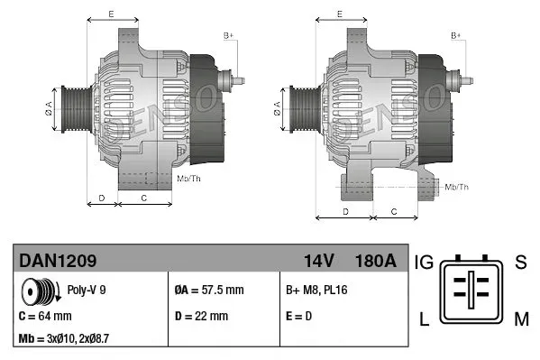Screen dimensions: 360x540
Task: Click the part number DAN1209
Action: (x=58, y=261)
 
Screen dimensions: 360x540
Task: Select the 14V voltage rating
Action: (x=318, y=261)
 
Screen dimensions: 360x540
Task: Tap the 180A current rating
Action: (x=376, y=261)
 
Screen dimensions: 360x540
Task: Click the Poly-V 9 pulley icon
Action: (x=41, y=292)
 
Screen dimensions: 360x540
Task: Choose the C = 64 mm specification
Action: (x=46, y=316)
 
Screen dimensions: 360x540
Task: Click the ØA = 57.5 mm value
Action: (x=208, y=291)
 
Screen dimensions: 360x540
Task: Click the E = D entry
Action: (x=299, y=316)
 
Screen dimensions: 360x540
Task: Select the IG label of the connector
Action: (x=424, y=263)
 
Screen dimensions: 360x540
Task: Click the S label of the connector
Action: (x=520, y=263)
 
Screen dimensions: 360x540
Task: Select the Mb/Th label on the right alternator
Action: (x=457, y=187)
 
